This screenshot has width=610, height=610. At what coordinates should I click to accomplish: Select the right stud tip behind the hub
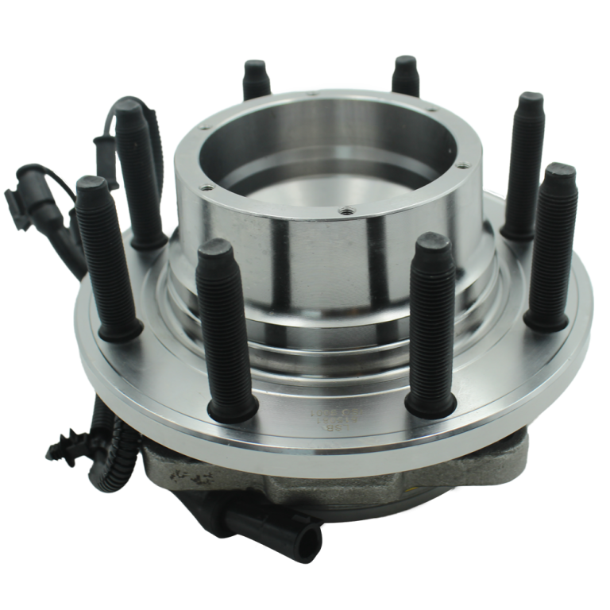pyautogui.click(x=405, y=64)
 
